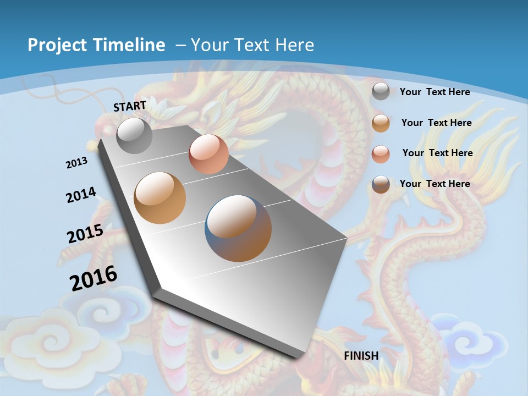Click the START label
130,106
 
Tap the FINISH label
361,356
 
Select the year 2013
76,163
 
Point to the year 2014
81,195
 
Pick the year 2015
85,234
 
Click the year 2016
94,278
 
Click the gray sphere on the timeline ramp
135,135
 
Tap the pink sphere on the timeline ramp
208,154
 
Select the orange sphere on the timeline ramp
160,198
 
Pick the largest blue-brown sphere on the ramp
238,228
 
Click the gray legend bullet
381,92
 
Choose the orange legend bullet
381,123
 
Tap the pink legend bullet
381,153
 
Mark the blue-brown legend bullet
381,184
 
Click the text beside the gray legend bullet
435,92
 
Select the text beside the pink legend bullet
437,153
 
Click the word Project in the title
53,45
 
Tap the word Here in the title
295,45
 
